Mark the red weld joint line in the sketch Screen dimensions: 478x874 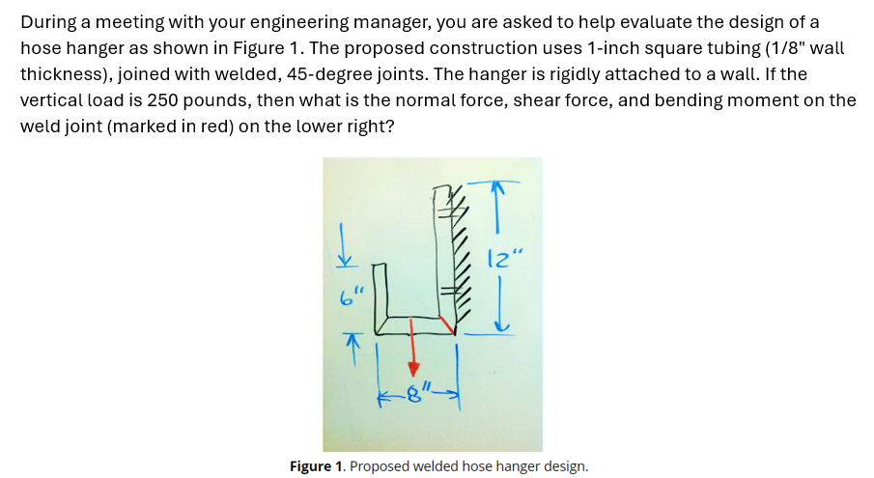[x=445, y=323]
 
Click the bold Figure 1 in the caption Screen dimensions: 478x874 [x=317, y=466]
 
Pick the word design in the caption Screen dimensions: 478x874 [x=561, y=466]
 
